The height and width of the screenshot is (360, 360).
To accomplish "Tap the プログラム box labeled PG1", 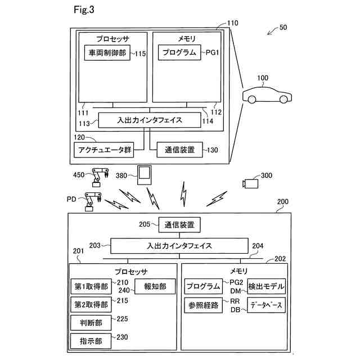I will click(180, 53).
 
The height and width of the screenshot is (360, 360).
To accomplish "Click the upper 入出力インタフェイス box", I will click(150, 120).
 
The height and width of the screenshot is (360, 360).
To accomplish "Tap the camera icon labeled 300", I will click(250, 183).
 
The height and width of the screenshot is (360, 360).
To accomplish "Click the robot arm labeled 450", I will click(100, 177).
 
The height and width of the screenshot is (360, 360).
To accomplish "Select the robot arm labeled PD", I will click(91, 202).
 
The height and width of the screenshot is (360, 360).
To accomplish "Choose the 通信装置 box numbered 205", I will click(179, 225).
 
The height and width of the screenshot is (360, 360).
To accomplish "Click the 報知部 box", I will click(155, 286).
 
